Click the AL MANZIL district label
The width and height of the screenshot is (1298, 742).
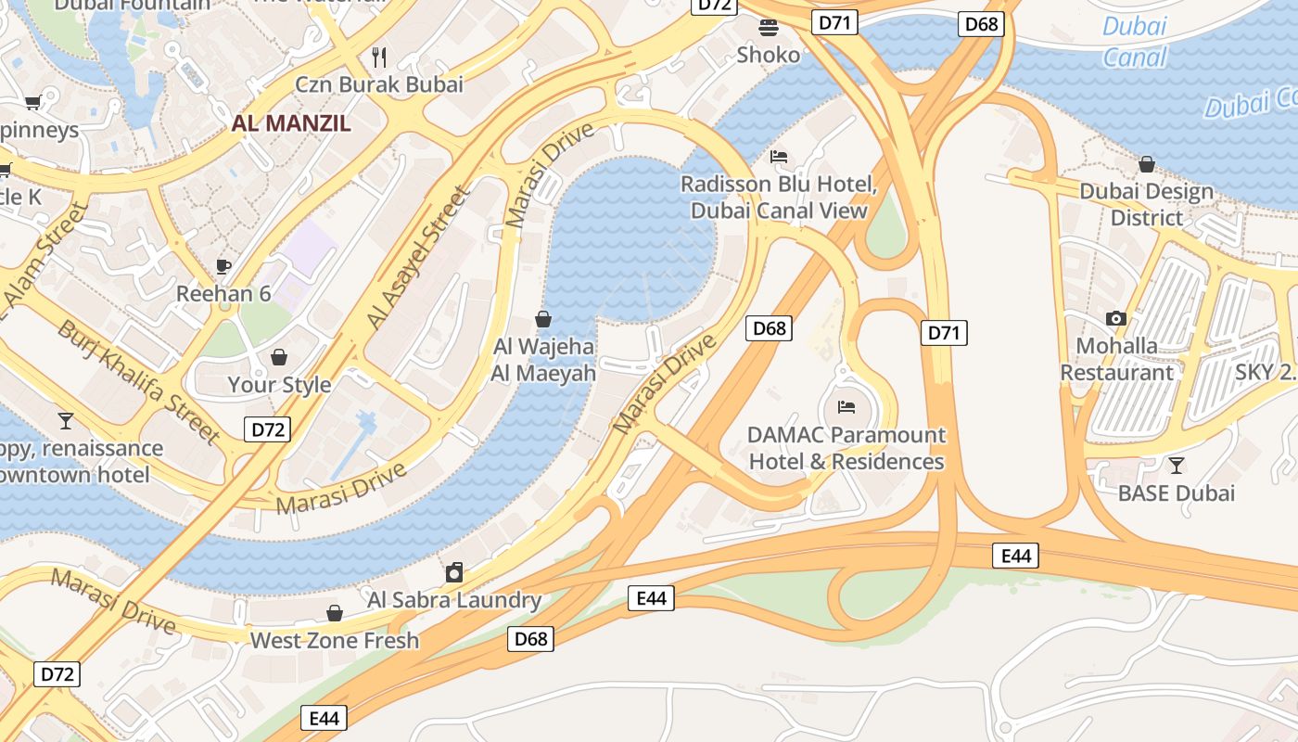click(291, 122)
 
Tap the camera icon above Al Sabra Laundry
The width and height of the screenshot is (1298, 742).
click(454, 572)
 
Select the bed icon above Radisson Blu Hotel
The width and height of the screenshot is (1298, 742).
click(779, 157)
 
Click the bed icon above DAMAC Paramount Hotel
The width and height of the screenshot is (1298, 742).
click(846, 406)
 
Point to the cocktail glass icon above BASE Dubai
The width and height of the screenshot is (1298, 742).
click(1177, 465)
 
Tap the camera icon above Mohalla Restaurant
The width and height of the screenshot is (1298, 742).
click(1116, 318)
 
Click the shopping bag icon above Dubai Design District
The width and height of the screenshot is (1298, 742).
click(1147, 164)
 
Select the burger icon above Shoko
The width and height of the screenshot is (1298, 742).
click(769, 27)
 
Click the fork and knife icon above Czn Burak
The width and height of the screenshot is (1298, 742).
click(378, 58)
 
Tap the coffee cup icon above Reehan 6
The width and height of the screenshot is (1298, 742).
click(223, 266)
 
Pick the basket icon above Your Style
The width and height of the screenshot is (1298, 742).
click(279, 357)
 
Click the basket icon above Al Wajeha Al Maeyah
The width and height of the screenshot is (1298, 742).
click(544, 320)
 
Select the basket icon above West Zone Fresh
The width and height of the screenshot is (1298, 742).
click(335, 613)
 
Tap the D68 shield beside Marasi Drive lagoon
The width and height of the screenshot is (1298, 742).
click(769, 327)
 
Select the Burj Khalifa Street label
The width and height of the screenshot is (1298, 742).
click(139, 381)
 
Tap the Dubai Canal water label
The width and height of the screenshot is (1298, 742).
click(1135, 42)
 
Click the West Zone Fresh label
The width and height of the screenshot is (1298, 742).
click(335, 640)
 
